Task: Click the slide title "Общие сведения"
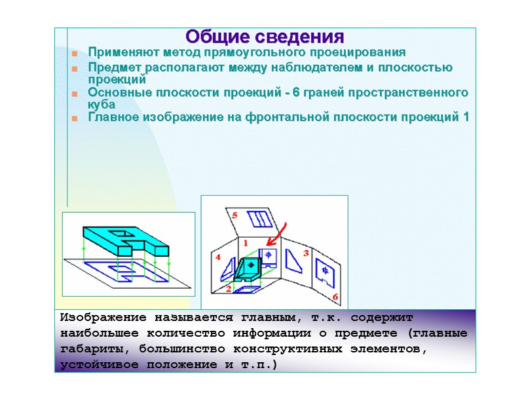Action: [x=265, y=35]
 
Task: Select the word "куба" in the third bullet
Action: [x=102, y=104]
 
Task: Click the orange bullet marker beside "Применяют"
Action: [x=75, y=53]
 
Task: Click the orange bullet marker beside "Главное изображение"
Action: [x=75, y=119]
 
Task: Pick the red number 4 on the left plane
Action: [x=218, y=257]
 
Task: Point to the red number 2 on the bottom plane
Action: [x=228, y=288]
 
